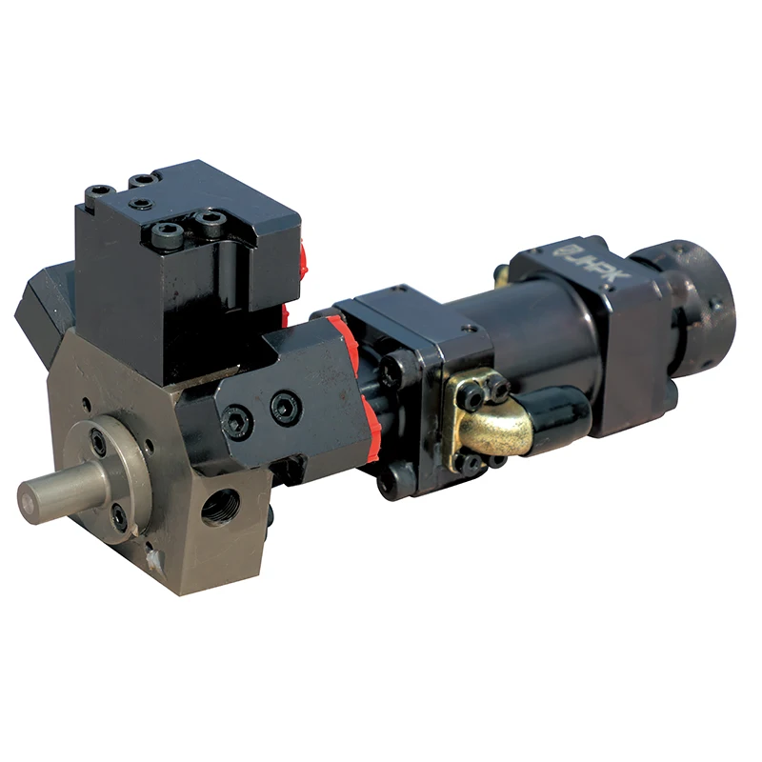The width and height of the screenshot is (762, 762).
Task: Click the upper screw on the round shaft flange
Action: click(99, 442)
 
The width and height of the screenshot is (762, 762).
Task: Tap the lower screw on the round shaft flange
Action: click(119, 518)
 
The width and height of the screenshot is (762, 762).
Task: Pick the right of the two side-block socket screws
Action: click(285, 408)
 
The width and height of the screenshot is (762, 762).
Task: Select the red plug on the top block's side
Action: click(304, 257)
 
